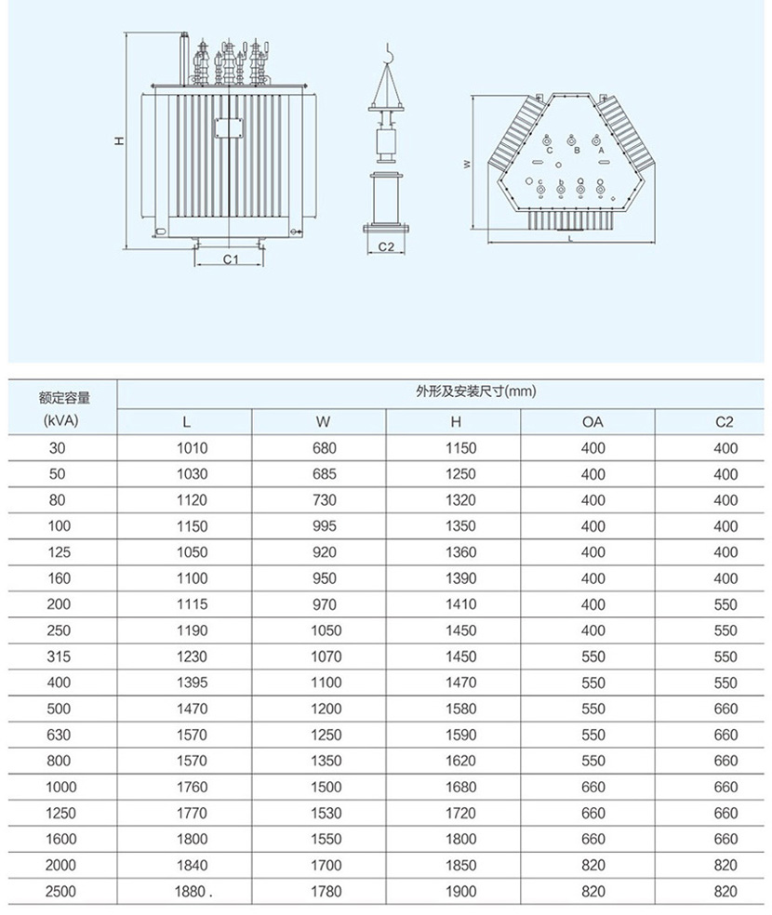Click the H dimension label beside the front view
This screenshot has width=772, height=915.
coord(119,141)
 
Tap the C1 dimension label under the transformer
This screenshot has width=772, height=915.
coord(231,259)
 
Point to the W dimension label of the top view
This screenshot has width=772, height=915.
coord(467,164)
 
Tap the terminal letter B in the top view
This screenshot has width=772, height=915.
coord(576,150)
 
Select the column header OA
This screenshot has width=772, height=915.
coord(592,422)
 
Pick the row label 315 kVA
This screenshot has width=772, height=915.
coord(59,656)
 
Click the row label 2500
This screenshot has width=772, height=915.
coord(59,891)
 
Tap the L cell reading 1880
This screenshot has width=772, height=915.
coord(192,891)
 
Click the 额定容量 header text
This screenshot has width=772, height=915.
coord(64,398)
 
